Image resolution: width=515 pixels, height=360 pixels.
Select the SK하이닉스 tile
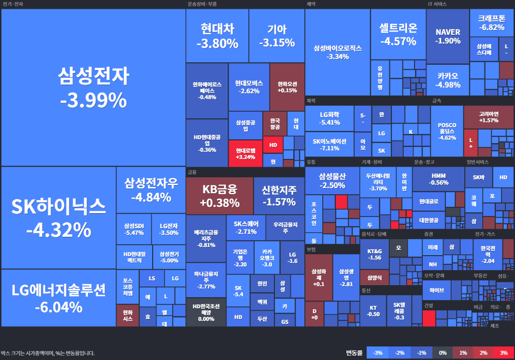[x=58, y=217]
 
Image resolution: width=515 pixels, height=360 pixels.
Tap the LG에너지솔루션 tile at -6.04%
[x=58, y=298]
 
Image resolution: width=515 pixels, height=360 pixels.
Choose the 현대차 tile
[x=217, y=36]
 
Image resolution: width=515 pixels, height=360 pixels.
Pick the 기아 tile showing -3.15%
[x=277, y=36]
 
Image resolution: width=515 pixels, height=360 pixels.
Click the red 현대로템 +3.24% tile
[x=245, y=154]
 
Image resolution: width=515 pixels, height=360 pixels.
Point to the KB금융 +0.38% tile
[x=219, y=196]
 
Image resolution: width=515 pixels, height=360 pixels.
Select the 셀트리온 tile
[x=398, y=34]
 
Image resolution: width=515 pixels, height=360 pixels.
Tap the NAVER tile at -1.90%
[x=448, y=36]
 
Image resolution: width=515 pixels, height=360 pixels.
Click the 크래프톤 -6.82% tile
[x=491, y=22]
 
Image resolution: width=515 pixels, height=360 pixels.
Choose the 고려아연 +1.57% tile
[x=488, y=117]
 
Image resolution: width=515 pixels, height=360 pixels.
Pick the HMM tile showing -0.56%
[x=439, y=179]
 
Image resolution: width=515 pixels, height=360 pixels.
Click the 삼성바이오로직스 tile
[x=337, y=52]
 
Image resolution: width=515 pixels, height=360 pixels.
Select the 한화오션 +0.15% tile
[x=287, y=87]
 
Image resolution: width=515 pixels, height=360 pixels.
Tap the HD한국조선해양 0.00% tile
[x=206, y=312]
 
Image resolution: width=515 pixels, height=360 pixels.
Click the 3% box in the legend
[x=504, y=353]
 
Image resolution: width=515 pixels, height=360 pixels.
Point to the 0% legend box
[x=443, y=353]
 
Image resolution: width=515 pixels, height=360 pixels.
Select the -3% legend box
[x=377, y=353]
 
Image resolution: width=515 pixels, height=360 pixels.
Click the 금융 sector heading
[x=192, y=172]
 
